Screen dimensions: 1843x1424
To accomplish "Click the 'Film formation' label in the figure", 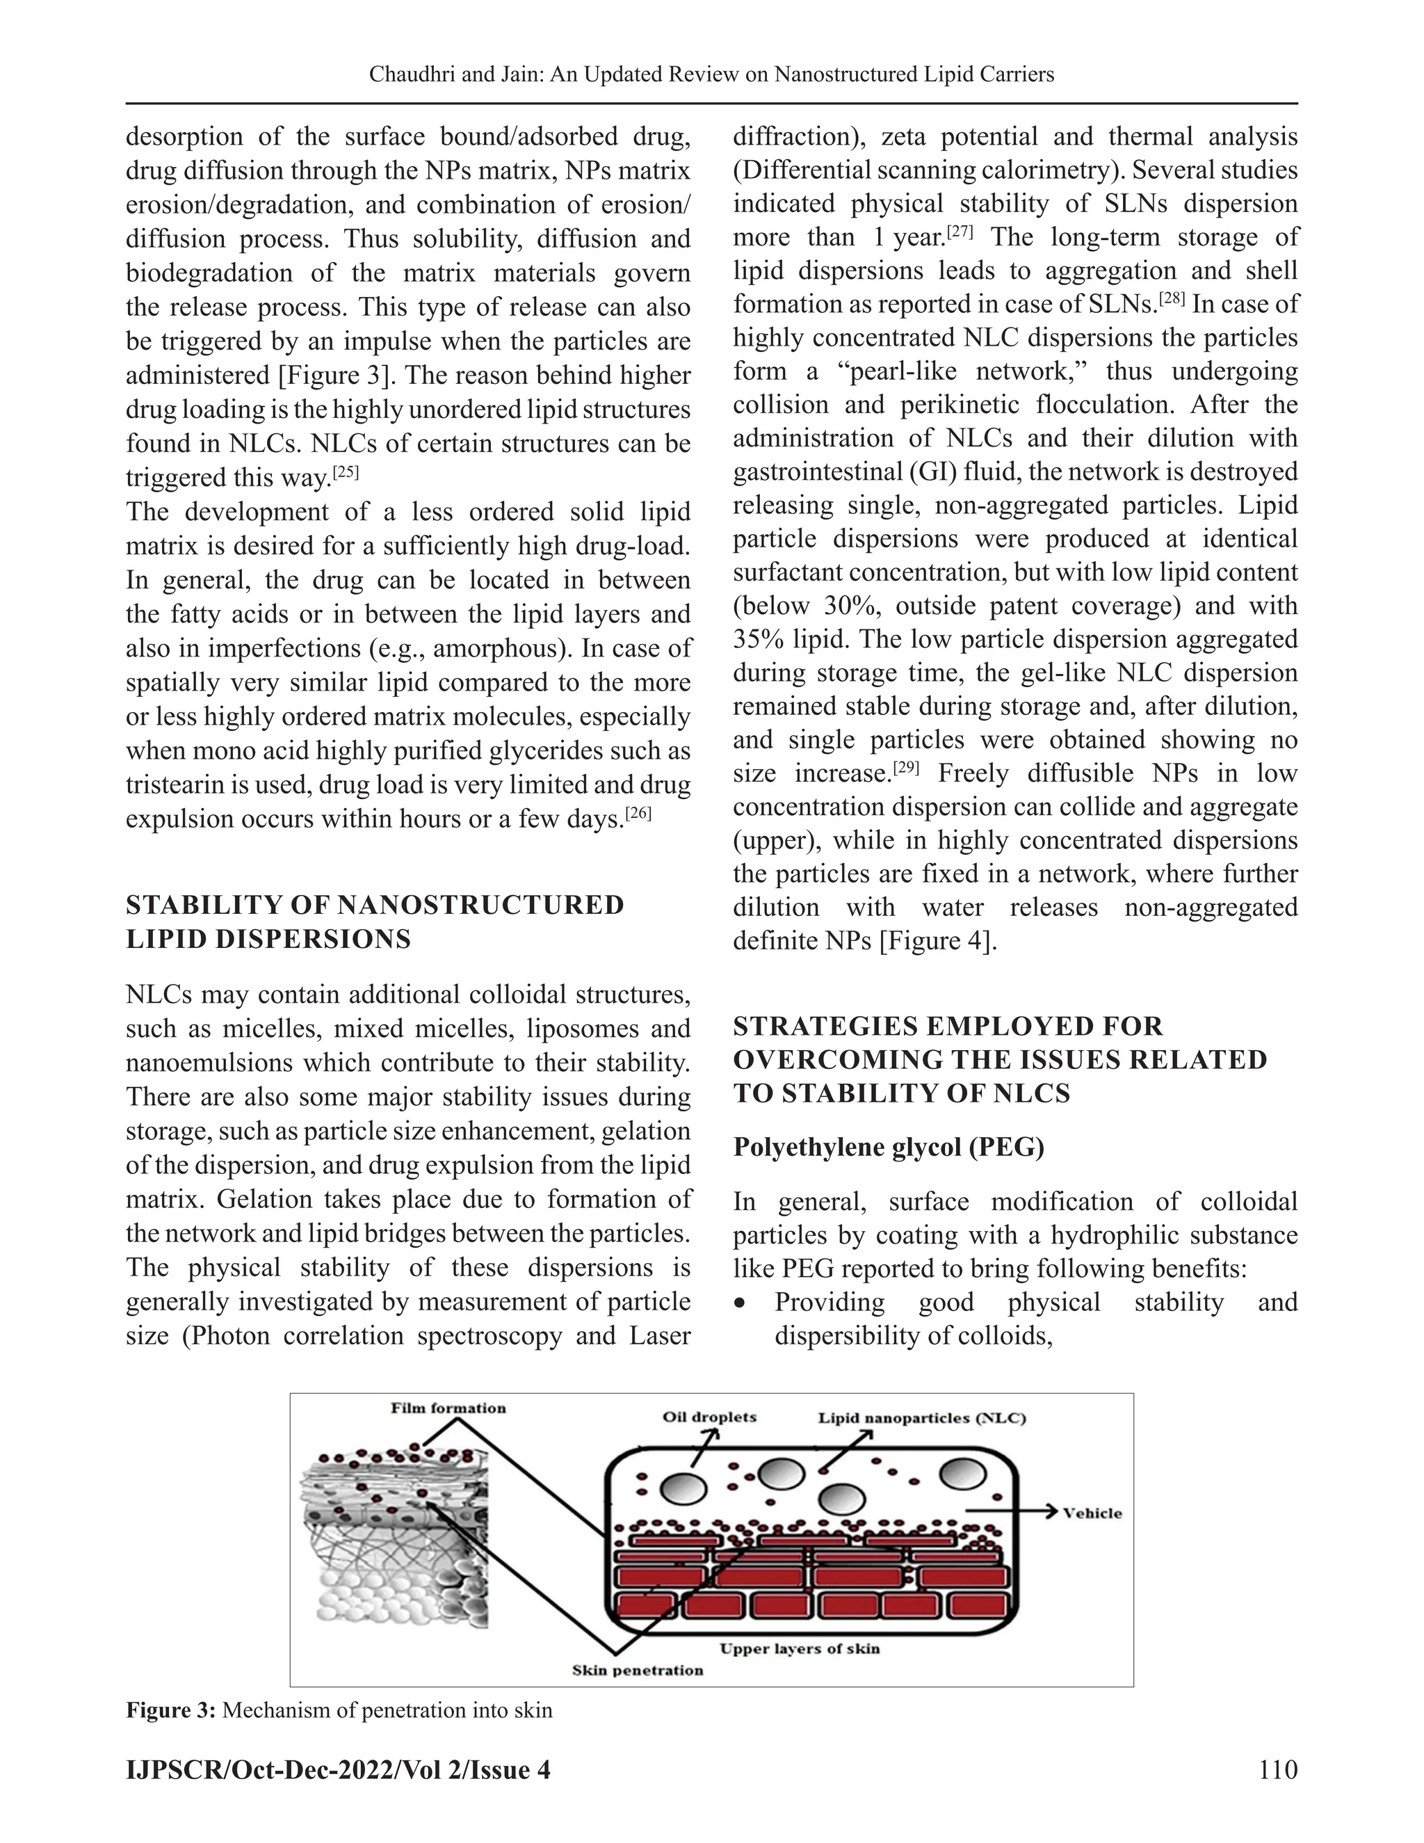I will pyautogui.click(x=448, y=1408).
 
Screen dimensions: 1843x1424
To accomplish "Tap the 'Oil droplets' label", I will pyautogui.click(x=709, y=1417).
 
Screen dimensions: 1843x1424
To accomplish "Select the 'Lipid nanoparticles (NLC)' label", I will pyautogui.click(x=921, y=1417).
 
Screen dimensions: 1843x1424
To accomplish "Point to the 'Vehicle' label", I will pyautogui.click(x=1092, y=1513).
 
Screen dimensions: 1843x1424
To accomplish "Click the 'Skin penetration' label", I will pyautogui.click(x=637, y=1670).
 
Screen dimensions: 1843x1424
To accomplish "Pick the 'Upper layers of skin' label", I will pyautogui.click(x=799, y=1648).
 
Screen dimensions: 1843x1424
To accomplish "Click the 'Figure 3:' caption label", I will pyautogui.click(x=171, y=1711).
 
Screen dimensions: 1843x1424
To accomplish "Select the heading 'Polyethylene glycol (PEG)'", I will pyautogui.click(x=889, y=1147).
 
